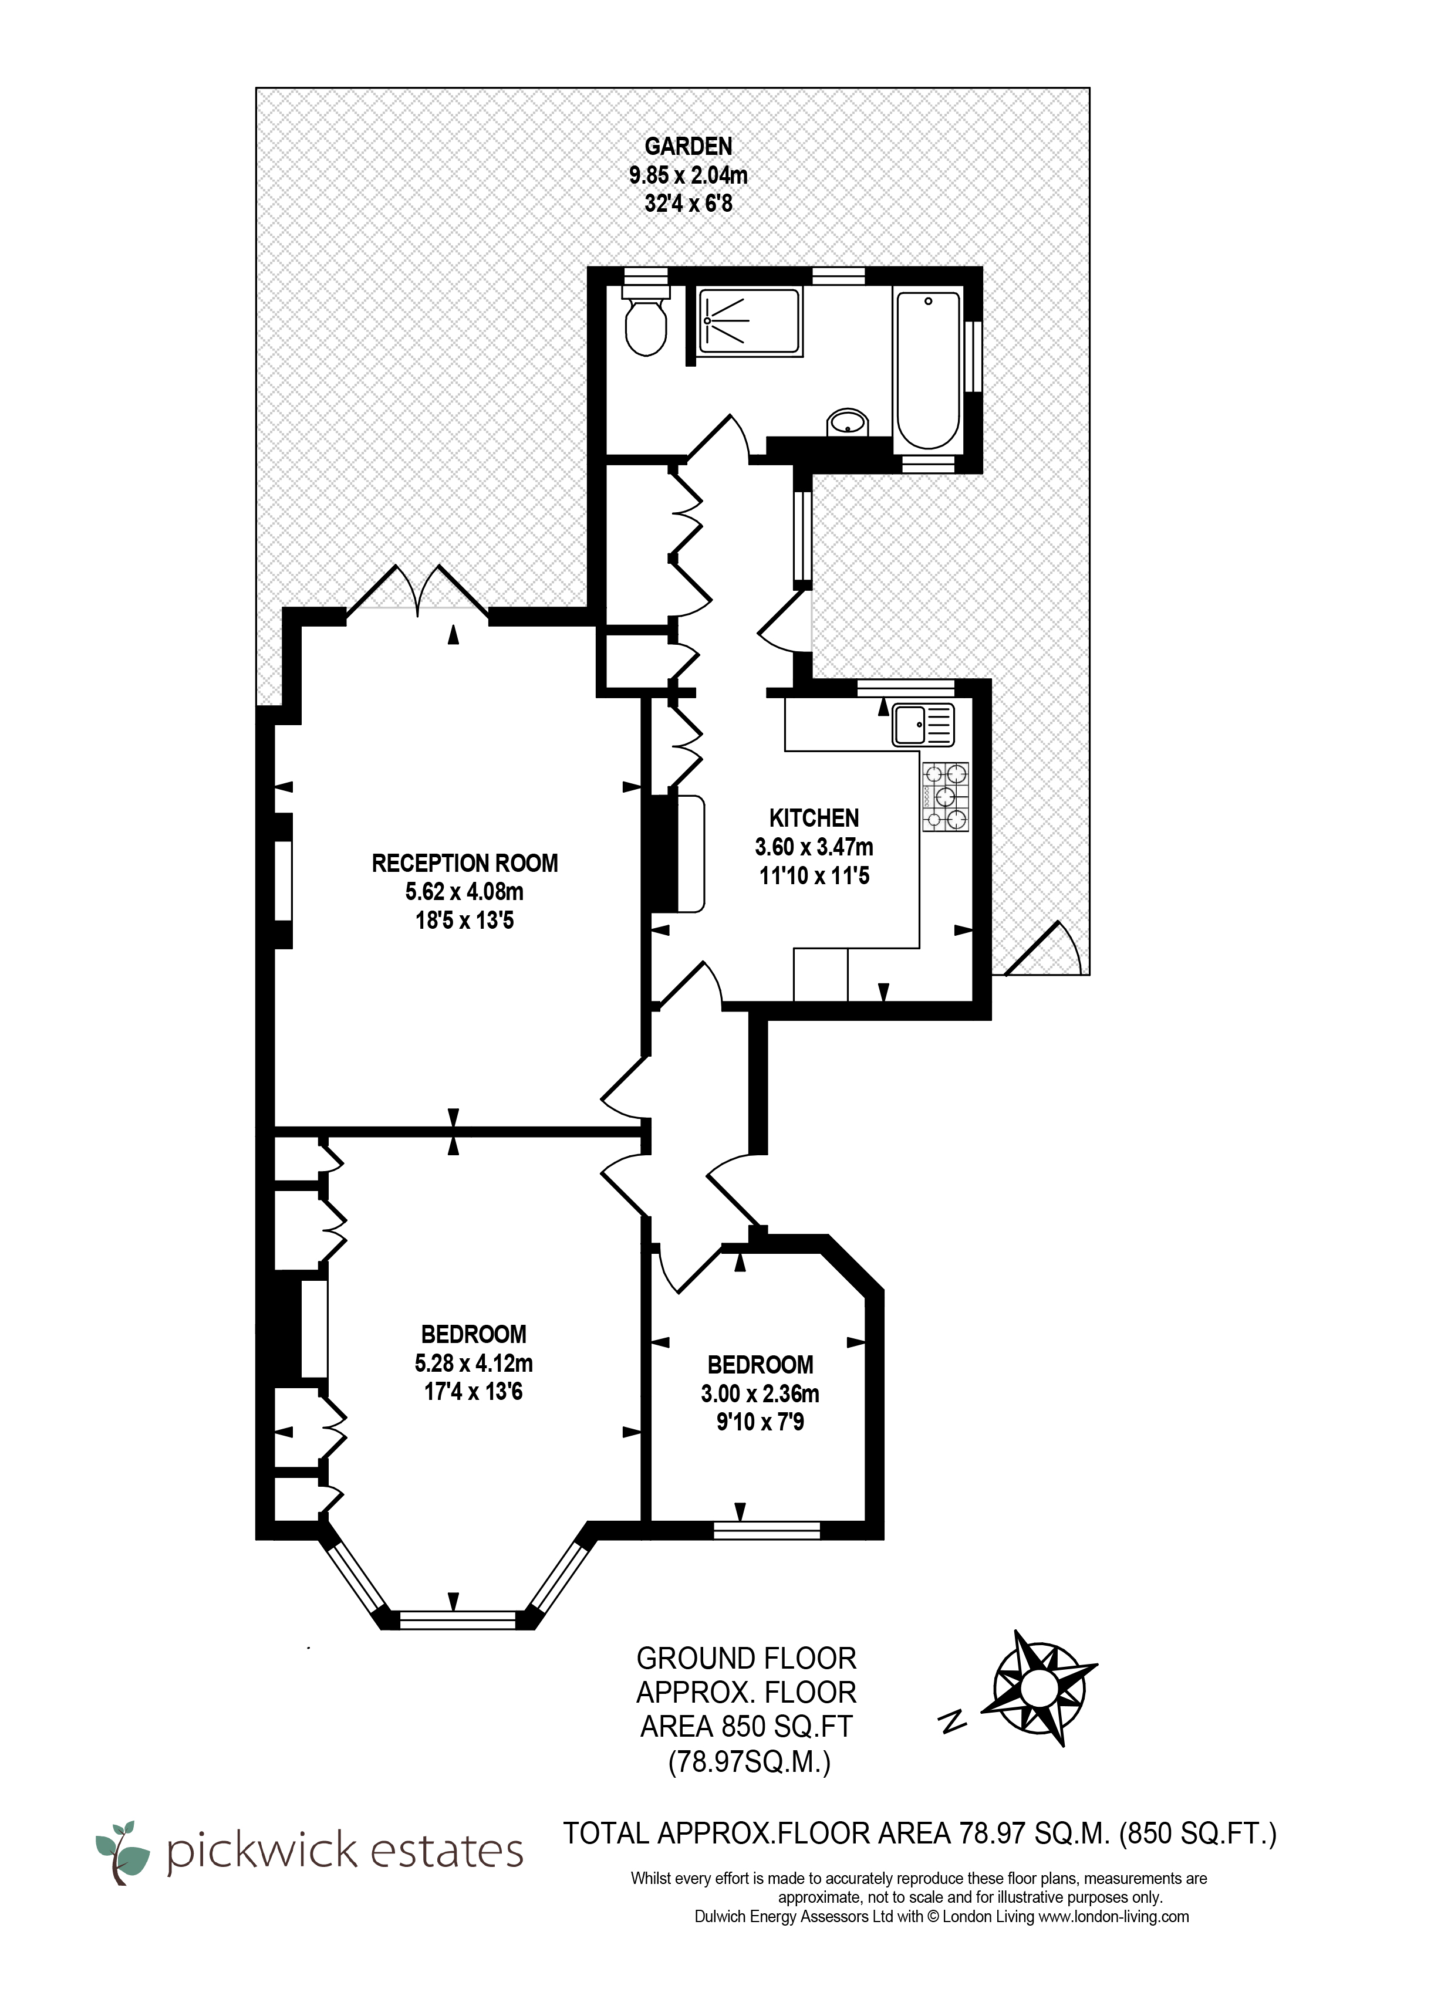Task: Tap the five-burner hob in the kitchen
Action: click(x=946, y=797)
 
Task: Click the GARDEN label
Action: click(x=688, y=146)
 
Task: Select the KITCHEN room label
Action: click(x=814, y=818)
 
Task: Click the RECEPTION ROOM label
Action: click(x=464, y=863)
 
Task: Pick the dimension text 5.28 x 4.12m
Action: click(x=473, y=1363)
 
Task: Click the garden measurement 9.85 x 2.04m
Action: click(x=688, y=175)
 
